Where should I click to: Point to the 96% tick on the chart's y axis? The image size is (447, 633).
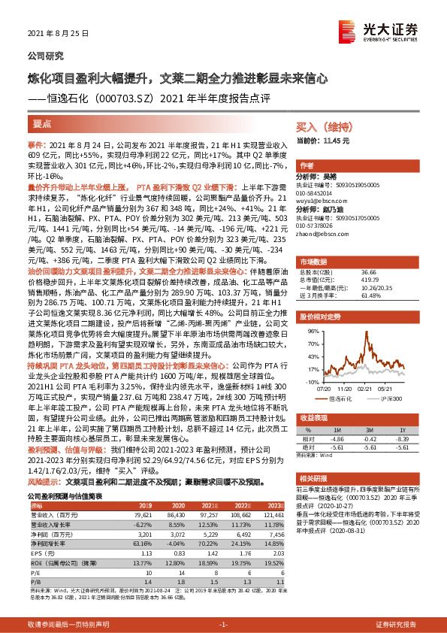click(x=308, y=329)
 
